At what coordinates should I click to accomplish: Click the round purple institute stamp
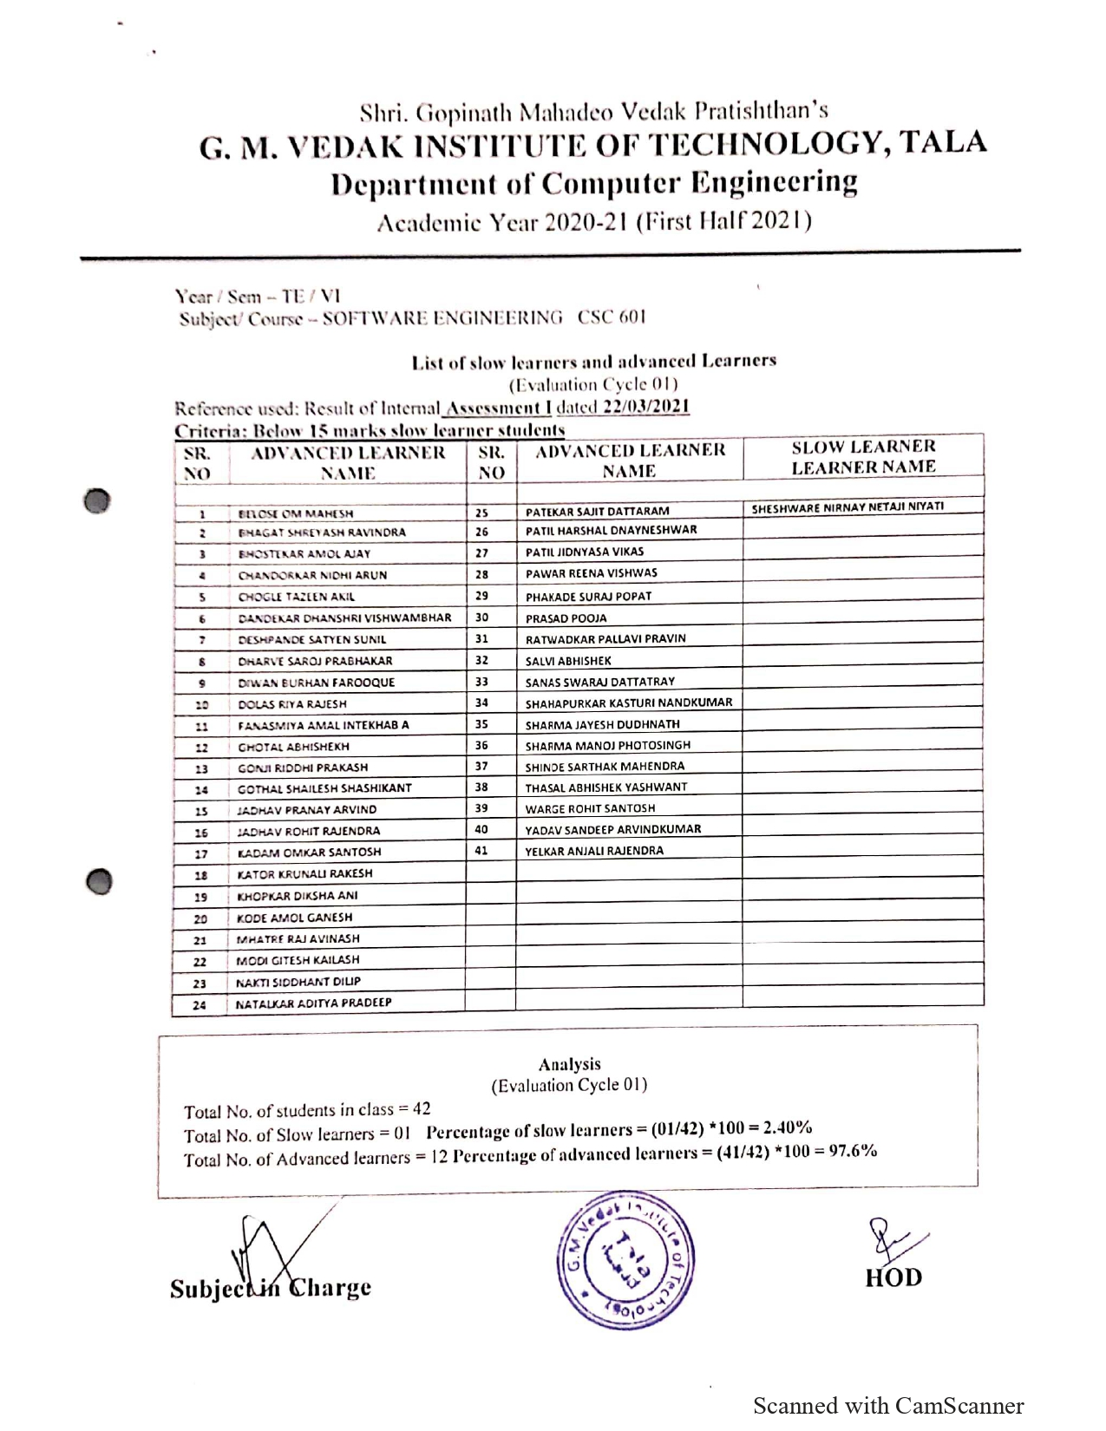(625, 1260)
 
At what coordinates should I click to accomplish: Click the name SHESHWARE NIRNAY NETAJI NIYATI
(847, 507)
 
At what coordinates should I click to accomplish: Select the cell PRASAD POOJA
(566, 618)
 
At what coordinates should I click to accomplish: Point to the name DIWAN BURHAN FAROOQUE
(317, 683)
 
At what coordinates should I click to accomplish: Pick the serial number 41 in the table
(481, 851)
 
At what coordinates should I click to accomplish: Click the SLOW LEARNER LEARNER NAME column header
(863, 457)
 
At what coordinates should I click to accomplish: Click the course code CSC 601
(612, 317)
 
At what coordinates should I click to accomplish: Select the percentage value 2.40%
(788, 1128)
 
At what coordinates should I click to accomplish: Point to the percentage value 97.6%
(853, 1152)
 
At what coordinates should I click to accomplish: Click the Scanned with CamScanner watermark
(888, 1406)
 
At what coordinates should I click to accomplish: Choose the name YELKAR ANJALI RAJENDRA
(594, 851)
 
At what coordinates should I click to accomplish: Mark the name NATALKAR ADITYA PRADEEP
(314, 1003)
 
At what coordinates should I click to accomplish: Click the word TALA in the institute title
(943, 142)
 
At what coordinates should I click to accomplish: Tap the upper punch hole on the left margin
(98, 500)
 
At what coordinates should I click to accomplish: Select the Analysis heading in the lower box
(569, 1064)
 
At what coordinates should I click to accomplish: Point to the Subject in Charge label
(271, 1288)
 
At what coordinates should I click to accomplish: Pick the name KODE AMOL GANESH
(295, 918)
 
